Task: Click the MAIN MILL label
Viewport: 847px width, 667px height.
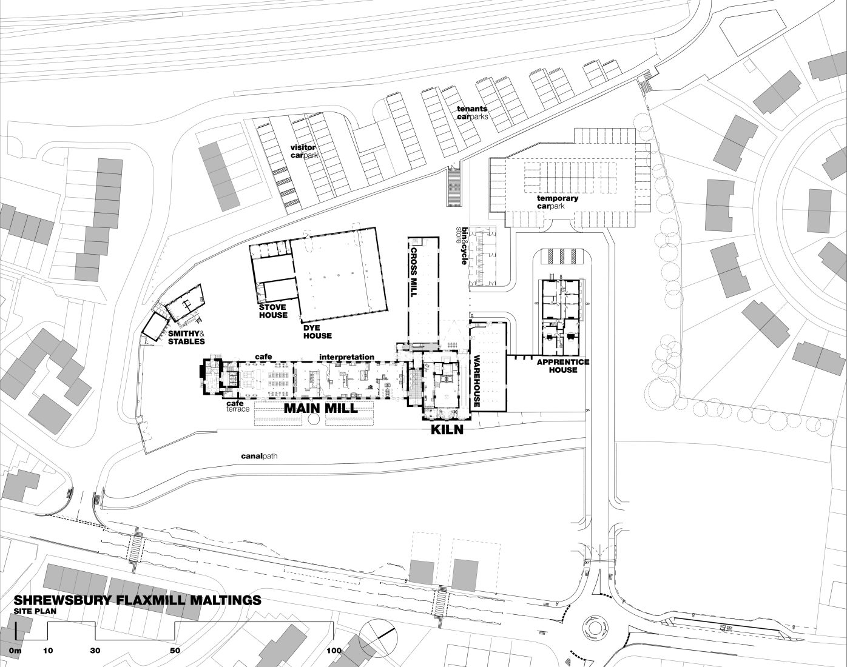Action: pos(321,408)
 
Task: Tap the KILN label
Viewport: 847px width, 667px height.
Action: pos(447,430)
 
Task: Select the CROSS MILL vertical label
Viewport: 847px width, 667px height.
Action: pos(414,272)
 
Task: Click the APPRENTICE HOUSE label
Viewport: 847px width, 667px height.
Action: pos(563,366)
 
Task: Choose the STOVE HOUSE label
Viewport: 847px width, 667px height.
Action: pos(273,311)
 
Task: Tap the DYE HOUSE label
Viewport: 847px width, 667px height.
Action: pos(317,332)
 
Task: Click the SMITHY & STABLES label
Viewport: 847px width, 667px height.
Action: pos(186,337)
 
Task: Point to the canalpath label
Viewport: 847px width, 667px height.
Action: pos(259,457)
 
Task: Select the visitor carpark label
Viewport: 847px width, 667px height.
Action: pos(303,151)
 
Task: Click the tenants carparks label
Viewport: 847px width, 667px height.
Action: pos(472,113)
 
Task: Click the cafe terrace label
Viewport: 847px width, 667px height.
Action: pos(238,406)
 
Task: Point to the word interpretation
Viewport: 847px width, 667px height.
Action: pos(346,357)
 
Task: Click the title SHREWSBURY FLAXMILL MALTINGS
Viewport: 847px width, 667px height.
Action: pos(137,600)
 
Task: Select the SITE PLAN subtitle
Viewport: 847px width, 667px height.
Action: pos(35,611)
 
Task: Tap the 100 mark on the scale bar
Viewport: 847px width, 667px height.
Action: pos(334,650)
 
